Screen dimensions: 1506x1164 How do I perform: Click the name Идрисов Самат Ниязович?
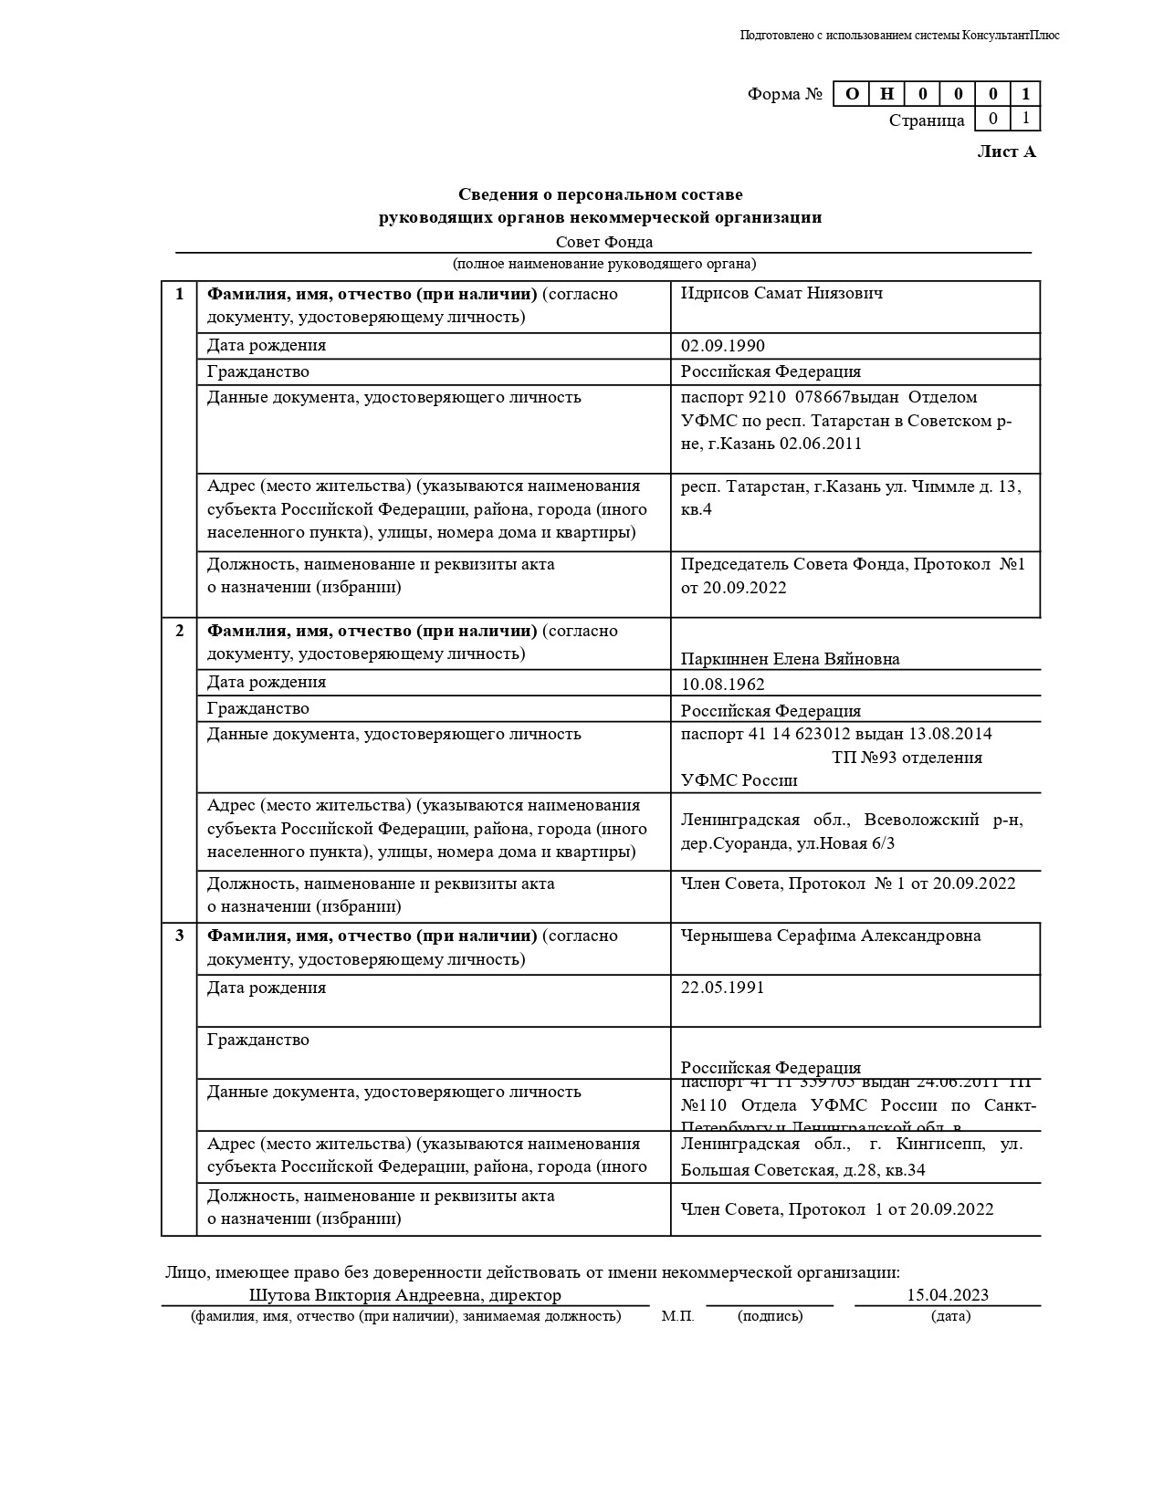781,294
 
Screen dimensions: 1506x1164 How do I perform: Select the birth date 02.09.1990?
723,346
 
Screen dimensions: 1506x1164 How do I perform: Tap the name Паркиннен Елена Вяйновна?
790,659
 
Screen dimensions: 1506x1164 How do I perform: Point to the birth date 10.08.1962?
723,685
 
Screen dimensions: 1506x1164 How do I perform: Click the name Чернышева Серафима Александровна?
831,936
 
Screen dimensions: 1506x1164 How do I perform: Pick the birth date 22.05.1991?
723,988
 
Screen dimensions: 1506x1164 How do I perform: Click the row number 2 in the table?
180,631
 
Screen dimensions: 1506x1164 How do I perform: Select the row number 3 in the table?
180,936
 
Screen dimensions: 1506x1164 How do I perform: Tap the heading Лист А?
1006,152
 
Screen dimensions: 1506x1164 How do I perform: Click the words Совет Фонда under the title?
604,242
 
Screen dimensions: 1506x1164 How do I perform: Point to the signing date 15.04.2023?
947,1295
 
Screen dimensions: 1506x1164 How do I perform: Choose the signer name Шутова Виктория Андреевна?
365,1295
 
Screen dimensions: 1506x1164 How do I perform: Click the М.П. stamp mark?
677,1316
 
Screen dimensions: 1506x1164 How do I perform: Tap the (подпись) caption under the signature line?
770,1316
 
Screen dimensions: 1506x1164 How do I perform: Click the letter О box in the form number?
852,94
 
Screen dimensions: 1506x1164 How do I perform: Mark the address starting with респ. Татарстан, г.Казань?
851,497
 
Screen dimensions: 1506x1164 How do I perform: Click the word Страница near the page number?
926,120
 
